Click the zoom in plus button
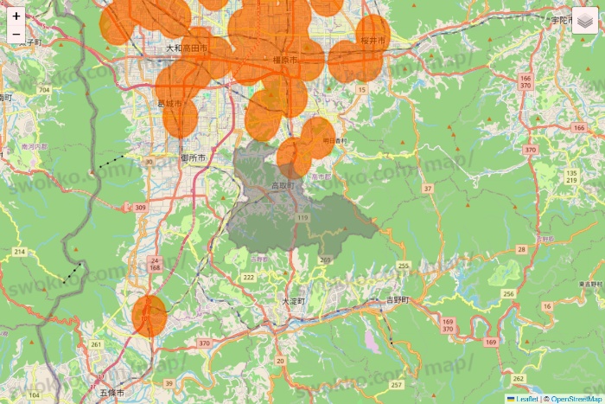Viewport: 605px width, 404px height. pyautogui.click(x=16, y=16)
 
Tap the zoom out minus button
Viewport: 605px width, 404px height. pyautogui.click(x=16, y=35)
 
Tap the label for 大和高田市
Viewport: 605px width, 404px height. pyautogui.click(x=187, y=48)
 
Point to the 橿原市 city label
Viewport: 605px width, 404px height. pyautogui.click(x=283, y=60)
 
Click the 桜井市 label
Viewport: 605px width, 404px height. pyautogui.click(x=373, y=40)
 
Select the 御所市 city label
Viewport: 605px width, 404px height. pyautogui.click(x=193, y=159)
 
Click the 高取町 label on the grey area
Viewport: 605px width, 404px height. pyautogui.click(x=283, y=185)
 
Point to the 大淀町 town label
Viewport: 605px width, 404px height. pyautogui.click(x=294, y=301)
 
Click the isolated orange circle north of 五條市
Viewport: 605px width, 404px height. pyautogui.click(x=150, y=316)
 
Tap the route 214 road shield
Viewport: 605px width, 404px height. pyautogui.click(x=19, y=251)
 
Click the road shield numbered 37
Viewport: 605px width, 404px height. pyautogui.click(x=427, y=188)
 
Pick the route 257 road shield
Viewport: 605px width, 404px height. pyautogui.click(x=397, y=384)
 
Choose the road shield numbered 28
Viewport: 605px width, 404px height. pyautogui.click(x=521, y=249)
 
